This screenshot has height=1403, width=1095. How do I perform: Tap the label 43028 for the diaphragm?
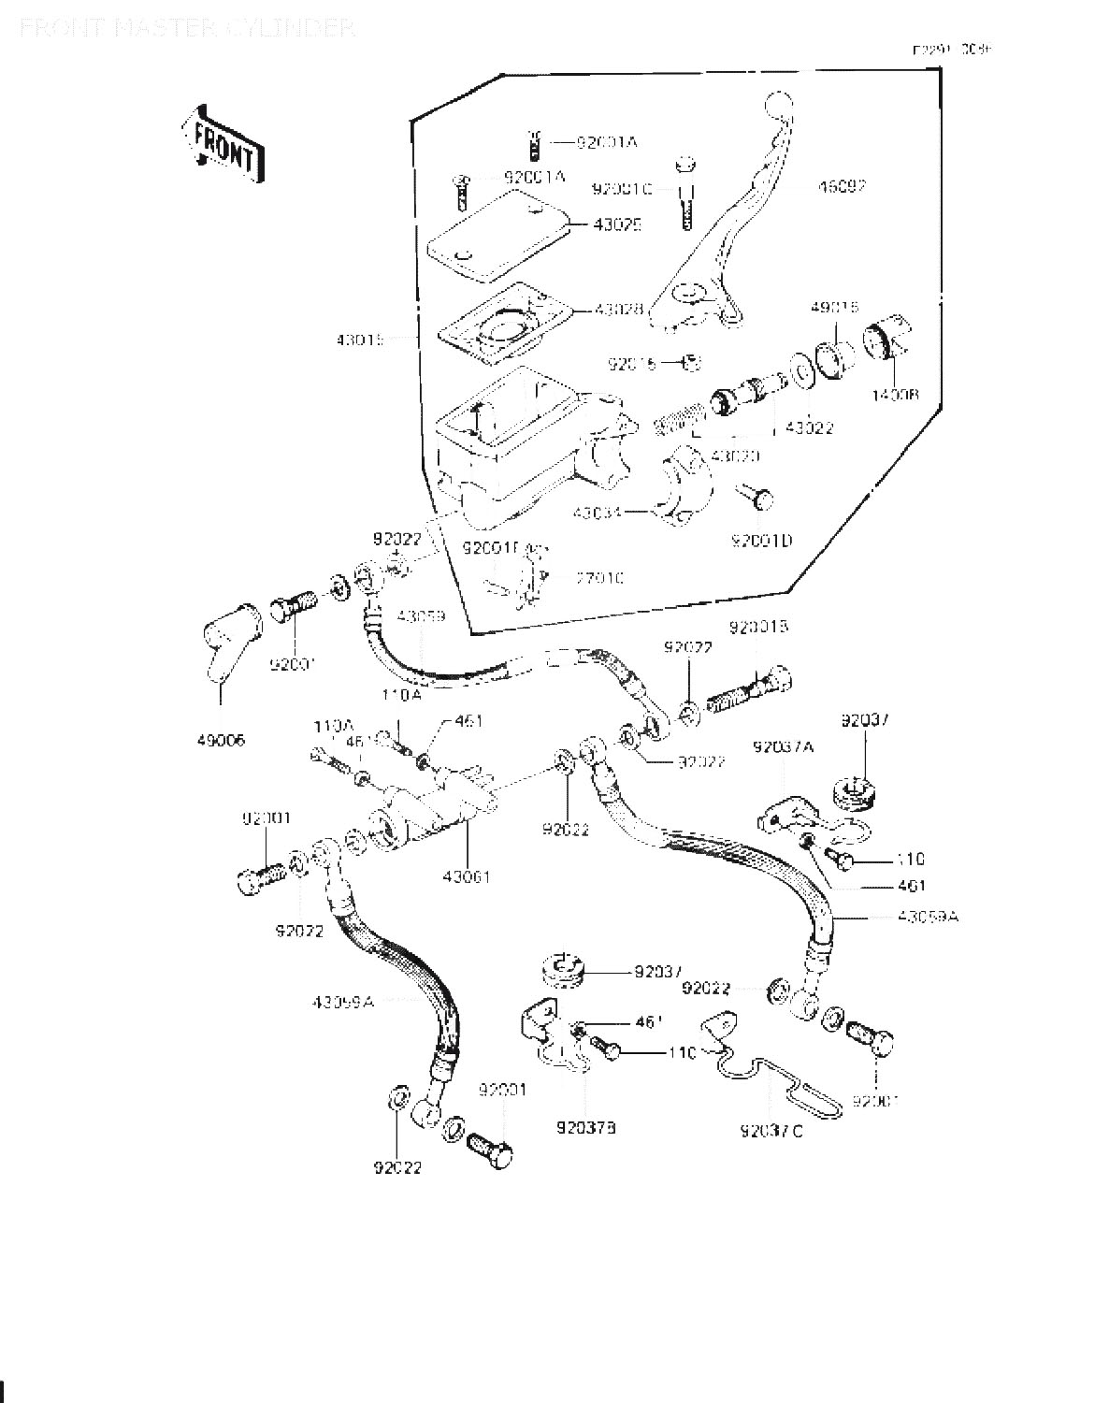point(619,309)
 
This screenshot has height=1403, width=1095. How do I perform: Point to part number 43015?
point(361,340)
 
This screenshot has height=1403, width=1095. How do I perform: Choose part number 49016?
point(834,307)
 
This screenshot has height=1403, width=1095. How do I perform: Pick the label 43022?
point(809,428)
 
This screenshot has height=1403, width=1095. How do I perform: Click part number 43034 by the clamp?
point(598,513)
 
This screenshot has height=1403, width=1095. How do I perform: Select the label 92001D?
point(761,541)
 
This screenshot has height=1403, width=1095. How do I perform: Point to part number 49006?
point(221,740)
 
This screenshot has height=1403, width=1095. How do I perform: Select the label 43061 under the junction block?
point(466,876)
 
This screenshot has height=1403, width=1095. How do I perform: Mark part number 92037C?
point(771,1131)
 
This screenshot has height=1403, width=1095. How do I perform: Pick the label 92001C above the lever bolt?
point(622,189)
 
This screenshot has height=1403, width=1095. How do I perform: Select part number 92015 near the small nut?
point(632,363)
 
